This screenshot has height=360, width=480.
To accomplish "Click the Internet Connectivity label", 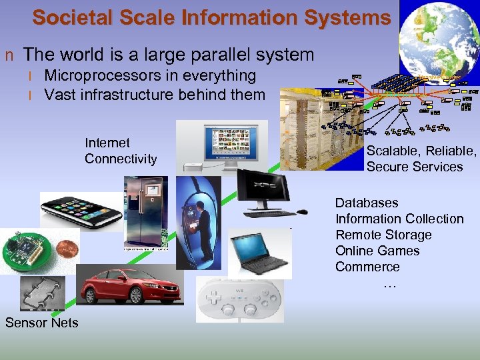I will (121, 151).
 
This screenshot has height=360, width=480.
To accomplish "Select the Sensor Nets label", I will (41, 323).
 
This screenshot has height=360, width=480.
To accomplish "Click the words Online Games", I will (377, 251).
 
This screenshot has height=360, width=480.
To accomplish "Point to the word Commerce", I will (367, 267).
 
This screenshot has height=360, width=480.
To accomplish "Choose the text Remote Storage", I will (383, 235).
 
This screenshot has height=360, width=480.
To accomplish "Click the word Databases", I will (367, 203).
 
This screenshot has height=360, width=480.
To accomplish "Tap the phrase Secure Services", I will (414, 167).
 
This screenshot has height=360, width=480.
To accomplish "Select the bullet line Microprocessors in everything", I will (149, 76).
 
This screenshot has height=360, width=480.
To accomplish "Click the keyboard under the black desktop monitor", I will (269, 214).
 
